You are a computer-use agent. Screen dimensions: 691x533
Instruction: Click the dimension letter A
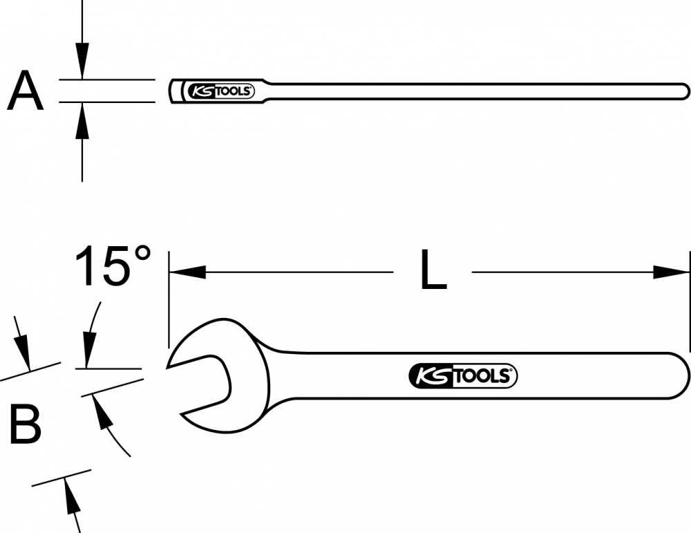coord(26,91)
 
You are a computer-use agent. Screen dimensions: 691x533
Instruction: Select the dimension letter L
coord(434,270)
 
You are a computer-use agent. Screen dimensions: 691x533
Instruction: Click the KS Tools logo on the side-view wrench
coord(221,91)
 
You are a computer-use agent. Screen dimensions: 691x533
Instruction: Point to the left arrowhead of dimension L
coord(188,272)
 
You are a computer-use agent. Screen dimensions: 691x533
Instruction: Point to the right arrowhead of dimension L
coord(671,272)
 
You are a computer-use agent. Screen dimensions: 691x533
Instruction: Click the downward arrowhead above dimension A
coord(82,62)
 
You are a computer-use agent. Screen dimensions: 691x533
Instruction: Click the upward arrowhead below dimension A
coord(82,121)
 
